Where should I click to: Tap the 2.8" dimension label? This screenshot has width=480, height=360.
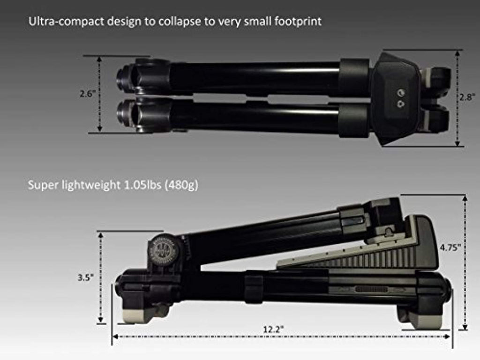coord(467,97)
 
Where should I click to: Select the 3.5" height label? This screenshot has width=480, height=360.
coord(86,277)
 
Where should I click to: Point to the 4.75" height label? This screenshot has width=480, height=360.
coord(450,247)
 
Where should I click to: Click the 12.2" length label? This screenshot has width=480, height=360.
coord(273,329)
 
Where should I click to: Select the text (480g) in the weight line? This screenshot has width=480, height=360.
coord(181,185)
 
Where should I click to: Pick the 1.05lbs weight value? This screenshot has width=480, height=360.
coord(142,185)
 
